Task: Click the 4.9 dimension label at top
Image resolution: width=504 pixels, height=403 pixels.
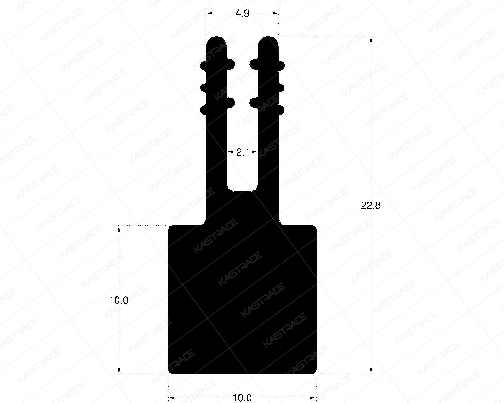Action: (242, 14)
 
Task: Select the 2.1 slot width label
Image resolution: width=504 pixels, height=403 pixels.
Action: (243, 153)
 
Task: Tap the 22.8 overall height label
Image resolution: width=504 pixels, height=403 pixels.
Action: (371, 206)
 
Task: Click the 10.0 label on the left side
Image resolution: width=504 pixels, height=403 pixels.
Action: (118, 300)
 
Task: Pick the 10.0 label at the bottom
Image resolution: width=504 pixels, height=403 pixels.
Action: (242, 398)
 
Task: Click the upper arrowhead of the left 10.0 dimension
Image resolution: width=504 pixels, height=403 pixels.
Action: (119, 229)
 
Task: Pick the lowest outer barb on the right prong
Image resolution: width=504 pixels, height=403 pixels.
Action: (282, 110)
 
